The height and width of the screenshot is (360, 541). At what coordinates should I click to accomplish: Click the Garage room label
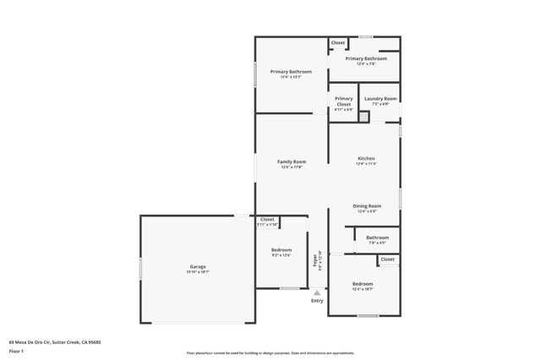(x=197, y=267)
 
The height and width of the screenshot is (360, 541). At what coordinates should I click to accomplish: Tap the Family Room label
(x=292, y=161)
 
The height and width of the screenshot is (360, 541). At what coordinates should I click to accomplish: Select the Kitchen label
(x=365, y=159)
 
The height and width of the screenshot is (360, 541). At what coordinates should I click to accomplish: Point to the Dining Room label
(x=366, y=205)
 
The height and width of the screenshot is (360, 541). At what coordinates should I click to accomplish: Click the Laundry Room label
(x=376, y=98)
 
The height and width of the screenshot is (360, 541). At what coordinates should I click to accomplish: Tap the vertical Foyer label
(x=316, y=259)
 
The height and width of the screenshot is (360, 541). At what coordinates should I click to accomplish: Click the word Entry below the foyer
(x=317, y=301)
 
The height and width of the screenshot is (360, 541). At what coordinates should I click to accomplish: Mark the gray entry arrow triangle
(x=317, y=292)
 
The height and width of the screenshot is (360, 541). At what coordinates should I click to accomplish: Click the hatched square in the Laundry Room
(x=364, y=117)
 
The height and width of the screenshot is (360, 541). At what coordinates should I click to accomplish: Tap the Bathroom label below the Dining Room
(x=377, y=237)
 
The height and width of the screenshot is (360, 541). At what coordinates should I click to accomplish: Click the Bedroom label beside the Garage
(x=281, y=250)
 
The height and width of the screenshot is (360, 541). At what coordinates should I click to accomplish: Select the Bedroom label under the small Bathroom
(x=363, y=283)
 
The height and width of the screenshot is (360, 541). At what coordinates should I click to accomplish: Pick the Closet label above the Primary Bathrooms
(x=337, y=42)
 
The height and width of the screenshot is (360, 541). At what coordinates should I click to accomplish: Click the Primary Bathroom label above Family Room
(x=291, y=72)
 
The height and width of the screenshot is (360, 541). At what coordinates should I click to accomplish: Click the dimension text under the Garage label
(x=197, y=272)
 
